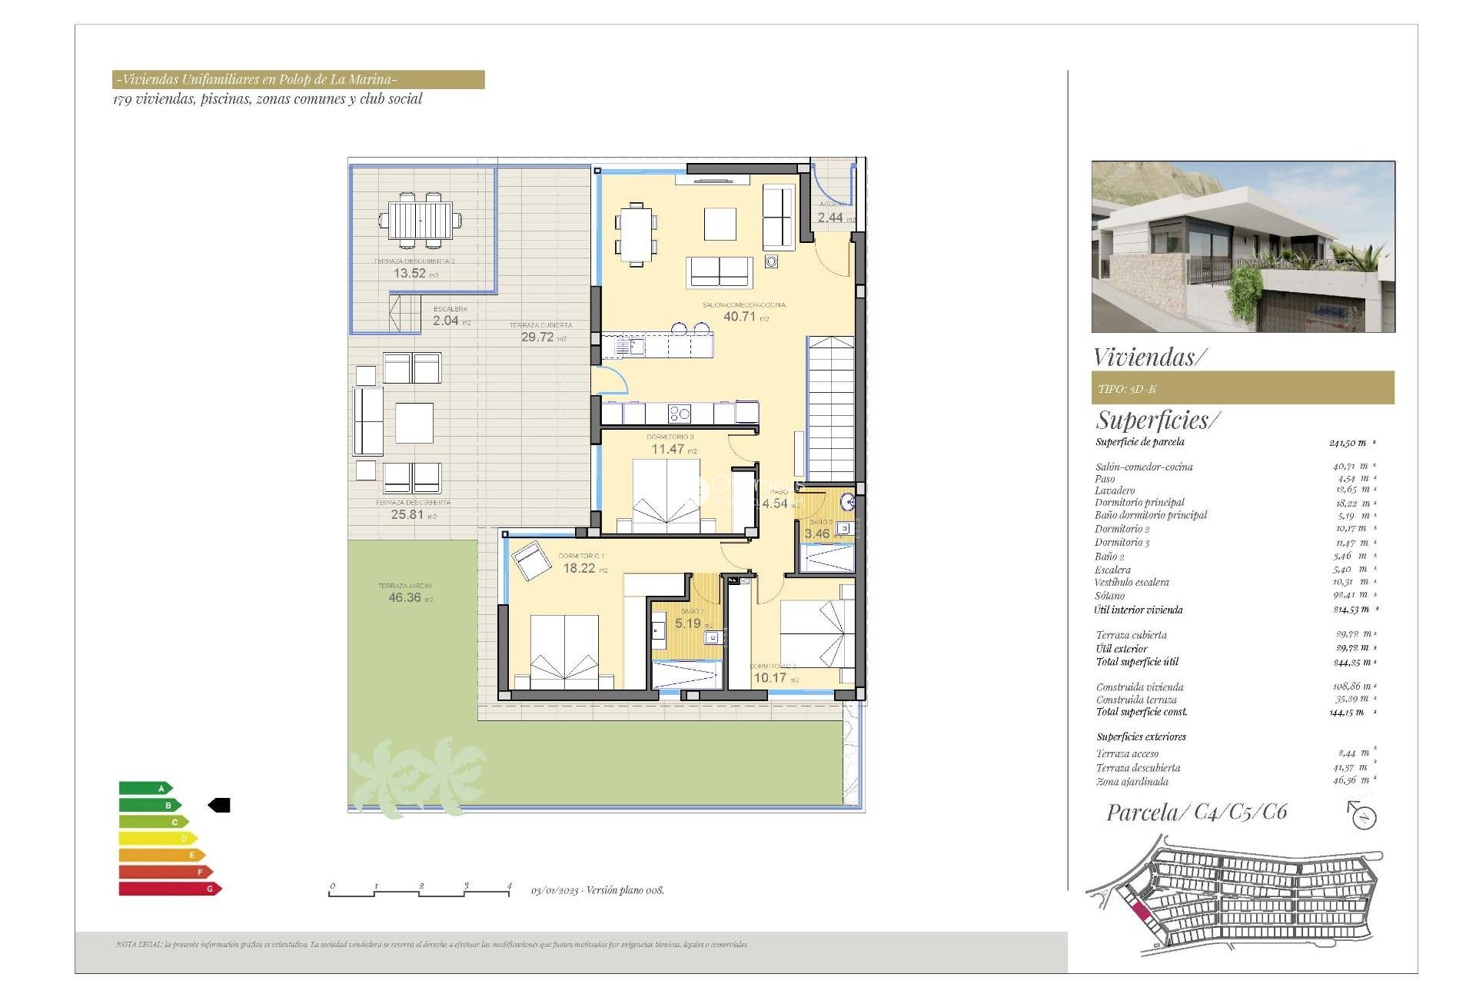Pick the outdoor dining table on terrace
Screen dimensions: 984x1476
(x=420, y=221)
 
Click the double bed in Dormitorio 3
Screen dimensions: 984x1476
(x=667, y=497)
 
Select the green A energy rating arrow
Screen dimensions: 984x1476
(x=145, y=788)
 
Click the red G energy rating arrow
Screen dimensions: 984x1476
(x=169, y=889)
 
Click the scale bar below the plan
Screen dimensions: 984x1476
(x=420, y=891)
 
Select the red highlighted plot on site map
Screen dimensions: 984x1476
(x=1141, y=913)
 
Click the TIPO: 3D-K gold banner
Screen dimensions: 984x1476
(x=1242, y=388)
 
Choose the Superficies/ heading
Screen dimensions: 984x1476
(x=1157, y=421)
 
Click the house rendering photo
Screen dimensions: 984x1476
(x=1243, y=246)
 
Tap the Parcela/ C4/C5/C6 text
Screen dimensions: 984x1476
(x=1196, y=813)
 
